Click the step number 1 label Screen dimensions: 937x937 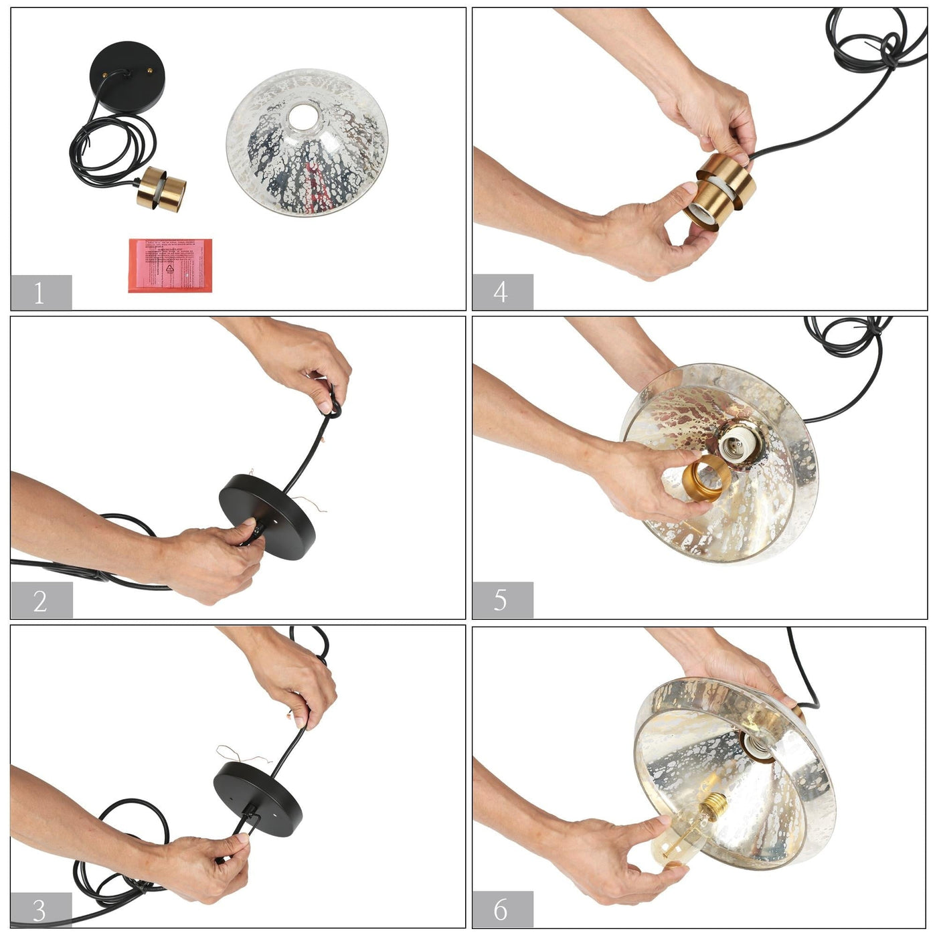pyautogui.click(x=40, y=292)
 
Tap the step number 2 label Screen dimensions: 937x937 pyautogui.click(x=40, y=600)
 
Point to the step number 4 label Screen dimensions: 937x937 pyautogui.click(x=502, y=292)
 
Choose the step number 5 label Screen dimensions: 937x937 pyautogui.click(x=502, y=600)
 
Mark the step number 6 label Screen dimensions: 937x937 pyautogui.click(x=502, y=909)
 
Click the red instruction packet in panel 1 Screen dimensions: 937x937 pyautogui.click(x=170, y=265)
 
